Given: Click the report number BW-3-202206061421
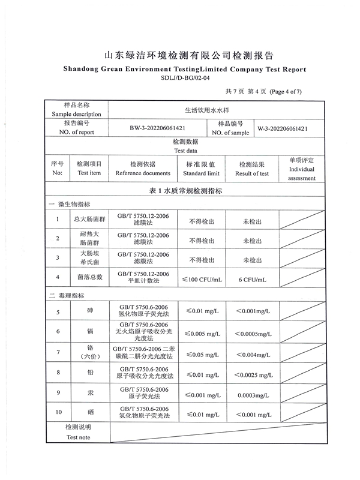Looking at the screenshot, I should [x=157, y=128].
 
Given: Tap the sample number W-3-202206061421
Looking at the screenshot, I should [x=283, y=128].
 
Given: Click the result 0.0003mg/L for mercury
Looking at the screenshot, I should [x=252, y=396].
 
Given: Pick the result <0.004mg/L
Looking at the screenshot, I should [x=253, y=355].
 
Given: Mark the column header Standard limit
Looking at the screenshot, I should [x=201, y=173].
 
